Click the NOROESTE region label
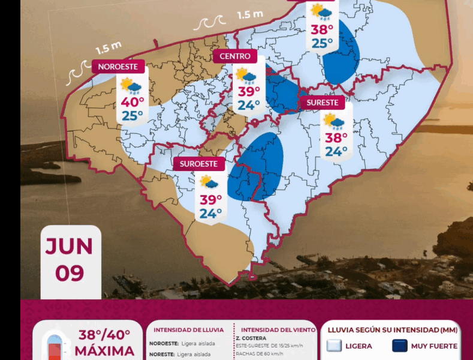[118, 67]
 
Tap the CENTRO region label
[235, 56]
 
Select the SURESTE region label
[323, 103]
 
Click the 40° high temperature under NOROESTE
[132, 103]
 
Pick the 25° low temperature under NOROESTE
[132, 116]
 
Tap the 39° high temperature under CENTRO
[249, 92]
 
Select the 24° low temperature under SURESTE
[336, 151]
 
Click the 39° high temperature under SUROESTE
[211, 199]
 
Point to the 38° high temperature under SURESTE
[336, 138]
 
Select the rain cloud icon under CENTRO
[246, 76]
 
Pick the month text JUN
[70, 246]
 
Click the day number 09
[70, 273]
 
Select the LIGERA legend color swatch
[335, 346]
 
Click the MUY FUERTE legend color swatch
[400, 346]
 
